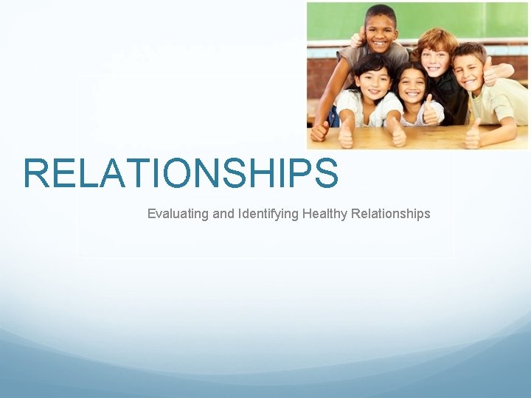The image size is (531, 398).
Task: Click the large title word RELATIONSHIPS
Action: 181,173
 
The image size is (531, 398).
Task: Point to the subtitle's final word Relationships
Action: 390,214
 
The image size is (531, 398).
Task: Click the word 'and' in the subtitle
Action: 222,214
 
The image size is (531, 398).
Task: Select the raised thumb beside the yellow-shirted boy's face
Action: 488,70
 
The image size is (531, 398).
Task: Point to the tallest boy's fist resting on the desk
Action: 319,131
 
